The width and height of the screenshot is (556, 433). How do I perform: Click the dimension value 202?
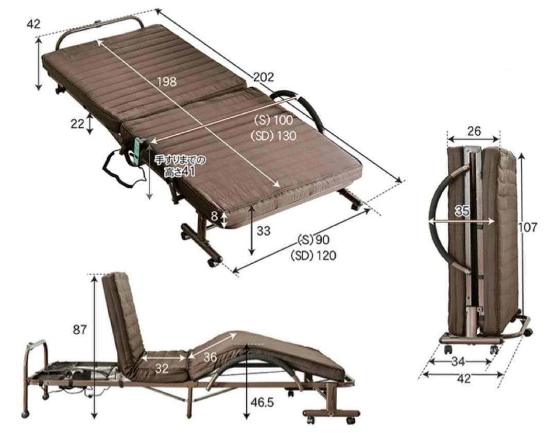(264, 77)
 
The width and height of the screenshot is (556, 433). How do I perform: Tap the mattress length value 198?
(167, 81)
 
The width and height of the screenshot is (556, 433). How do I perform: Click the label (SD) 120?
(313, 255)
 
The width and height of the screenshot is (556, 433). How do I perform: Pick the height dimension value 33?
(264, 231)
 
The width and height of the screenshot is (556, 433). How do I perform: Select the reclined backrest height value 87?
(80, 330)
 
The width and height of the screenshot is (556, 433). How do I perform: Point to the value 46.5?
(262, 402)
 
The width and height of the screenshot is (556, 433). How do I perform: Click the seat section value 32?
(162, 369)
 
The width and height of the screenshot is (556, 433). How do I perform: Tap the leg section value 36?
(210, 357)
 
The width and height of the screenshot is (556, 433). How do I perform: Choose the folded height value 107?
(528, 227)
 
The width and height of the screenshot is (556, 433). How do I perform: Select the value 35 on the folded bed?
(462, 211)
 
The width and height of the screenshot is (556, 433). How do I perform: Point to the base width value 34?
(458, 362)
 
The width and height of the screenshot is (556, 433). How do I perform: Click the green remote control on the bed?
(138, 152)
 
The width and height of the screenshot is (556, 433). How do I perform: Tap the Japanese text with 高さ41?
(180, 166)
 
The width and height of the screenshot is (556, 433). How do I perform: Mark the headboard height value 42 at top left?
(33, 24)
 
